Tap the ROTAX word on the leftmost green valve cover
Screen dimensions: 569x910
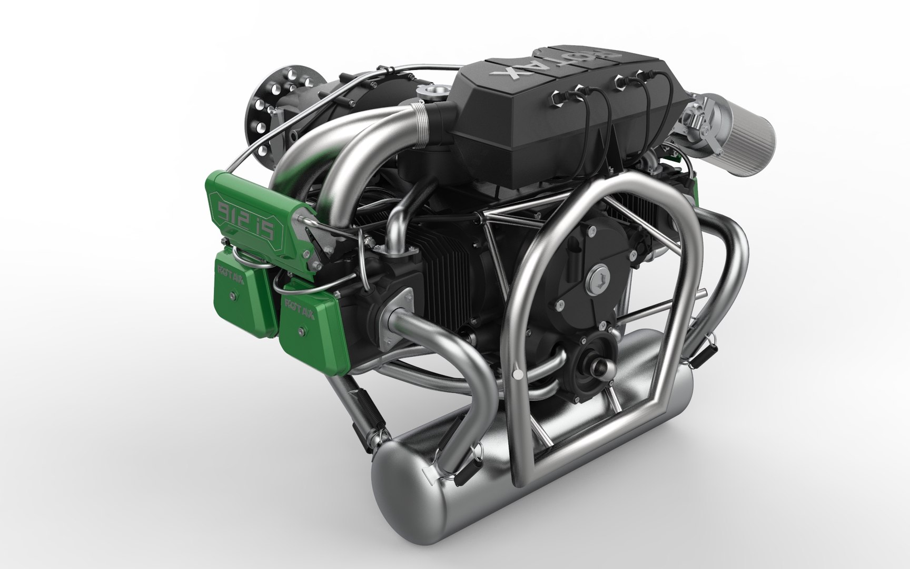[x=231, y=274]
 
